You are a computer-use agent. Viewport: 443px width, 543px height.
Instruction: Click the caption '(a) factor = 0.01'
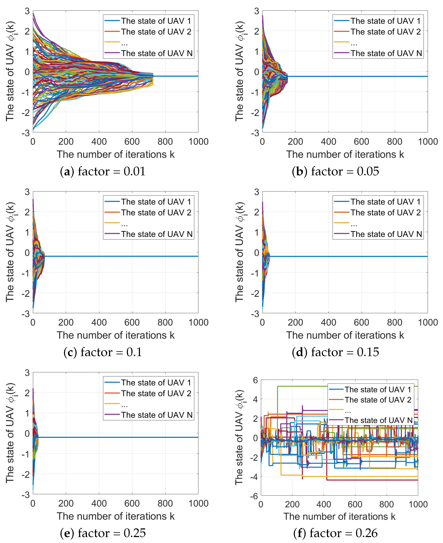click(103, 171)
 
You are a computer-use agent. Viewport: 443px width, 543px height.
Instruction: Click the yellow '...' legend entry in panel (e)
click(124, 404)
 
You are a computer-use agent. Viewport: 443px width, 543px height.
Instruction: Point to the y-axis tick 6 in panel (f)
click(255, 380)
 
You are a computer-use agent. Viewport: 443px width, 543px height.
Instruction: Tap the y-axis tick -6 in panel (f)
click(254, 496)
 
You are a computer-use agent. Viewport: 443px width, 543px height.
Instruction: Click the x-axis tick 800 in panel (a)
click(165, 142)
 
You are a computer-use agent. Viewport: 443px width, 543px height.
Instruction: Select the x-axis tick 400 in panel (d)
click(328, 322)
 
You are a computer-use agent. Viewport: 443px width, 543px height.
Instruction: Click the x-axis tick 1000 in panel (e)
click(198, 503)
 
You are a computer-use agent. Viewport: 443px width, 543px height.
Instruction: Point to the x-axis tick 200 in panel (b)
click(295, 142)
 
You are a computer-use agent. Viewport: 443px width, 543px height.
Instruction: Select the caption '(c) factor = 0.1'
click(103, 352)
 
